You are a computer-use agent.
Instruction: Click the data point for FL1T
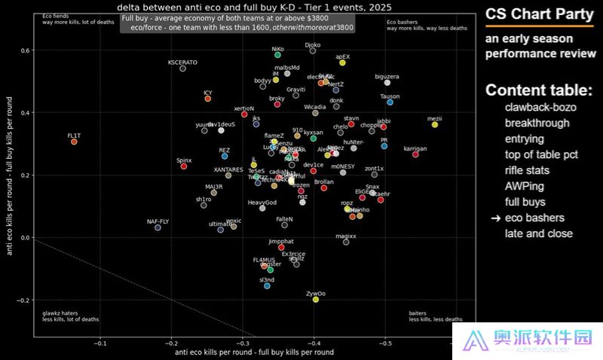[74, 142]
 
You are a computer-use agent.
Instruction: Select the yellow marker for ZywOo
[316, 300]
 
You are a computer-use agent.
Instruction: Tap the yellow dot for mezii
[435, 124]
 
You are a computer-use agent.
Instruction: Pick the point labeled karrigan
[415, 154]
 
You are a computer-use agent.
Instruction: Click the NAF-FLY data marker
[158, 227]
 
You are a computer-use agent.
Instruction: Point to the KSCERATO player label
[182, 62]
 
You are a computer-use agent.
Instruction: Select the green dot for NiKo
[277, 55]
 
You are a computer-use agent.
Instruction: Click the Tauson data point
[390, 102]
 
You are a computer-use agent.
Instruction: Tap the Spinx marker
[184, 166]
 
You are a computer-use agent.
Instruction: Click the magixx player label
[346, 236]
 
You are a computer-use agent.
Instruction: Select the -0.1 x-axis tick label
[100, 343]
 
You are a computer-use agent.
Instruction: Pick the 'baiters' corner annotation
[418, 313]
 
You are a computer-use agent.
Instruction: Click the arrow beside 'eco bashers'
[494, 218]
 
